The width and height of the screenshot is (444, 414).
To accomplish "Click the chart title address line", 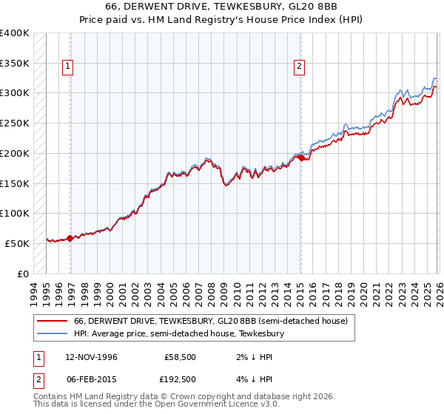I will (x=222, y=7).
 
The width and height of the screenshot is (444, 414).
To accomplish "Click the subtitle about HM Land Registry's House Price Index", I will (x=222, y=20).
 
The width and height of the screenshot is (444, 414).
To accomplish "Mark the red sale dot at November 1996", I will (x=70, y=238).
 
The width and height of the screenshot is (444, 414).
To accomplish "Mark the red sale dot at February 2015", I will (x=301, y=157).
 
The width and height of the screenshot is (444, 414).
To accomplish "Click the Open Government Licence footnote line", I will (x=157, y=405).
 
